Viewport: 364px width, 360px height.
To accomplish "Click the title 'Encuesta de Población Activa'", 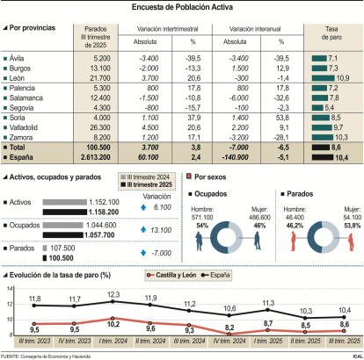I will (x=182, y=8).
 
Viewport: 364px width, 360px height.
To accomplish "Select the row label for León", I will (x=24, y=79).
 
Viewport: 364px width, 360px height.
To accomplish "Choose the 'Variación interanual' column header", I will (x=256, y=29).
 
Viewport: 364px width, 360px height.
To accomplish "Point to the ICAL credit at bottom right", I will (x=353, y=356).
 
